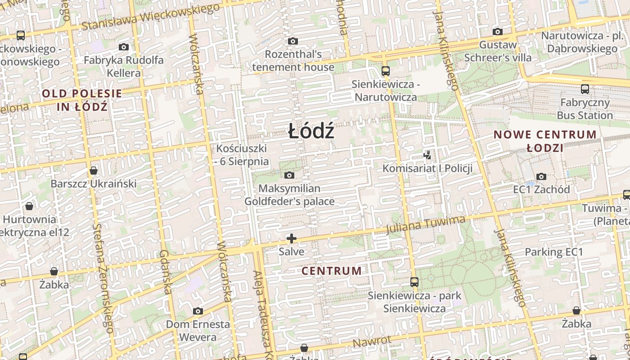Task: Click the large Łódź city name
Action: pos(311,131)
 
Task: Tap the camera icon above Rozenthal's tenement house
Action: pos(292,41)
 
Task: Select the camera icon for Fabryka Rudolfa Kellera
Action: pos(124,47)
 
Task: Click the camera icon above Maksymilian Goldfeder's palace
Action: pos(289,175)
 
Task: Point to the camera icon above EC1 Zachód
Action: pos(541,176)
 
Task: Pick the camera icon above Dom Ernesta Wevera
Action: pos(198,311)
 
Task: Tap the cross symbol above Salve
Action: pos(292,238)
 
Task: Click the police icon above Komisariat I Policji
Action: pos(427,155)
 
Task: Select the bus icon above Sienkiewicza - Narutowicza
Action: pos(385,71)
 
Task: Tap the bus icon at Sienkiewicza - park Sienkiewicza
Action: pos(414,282)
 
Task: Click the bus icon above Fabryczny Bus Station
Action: pos(585,89)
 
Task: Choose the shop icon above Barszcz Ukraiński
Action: pos(94,171)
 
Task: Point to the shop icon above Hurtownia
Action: pos(29,206)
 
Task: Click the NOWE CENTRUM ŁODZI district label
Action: pos(545,141)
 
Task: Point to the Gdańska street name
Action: pos(165,273)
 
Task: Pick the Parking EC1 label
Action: pos(554,252)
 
